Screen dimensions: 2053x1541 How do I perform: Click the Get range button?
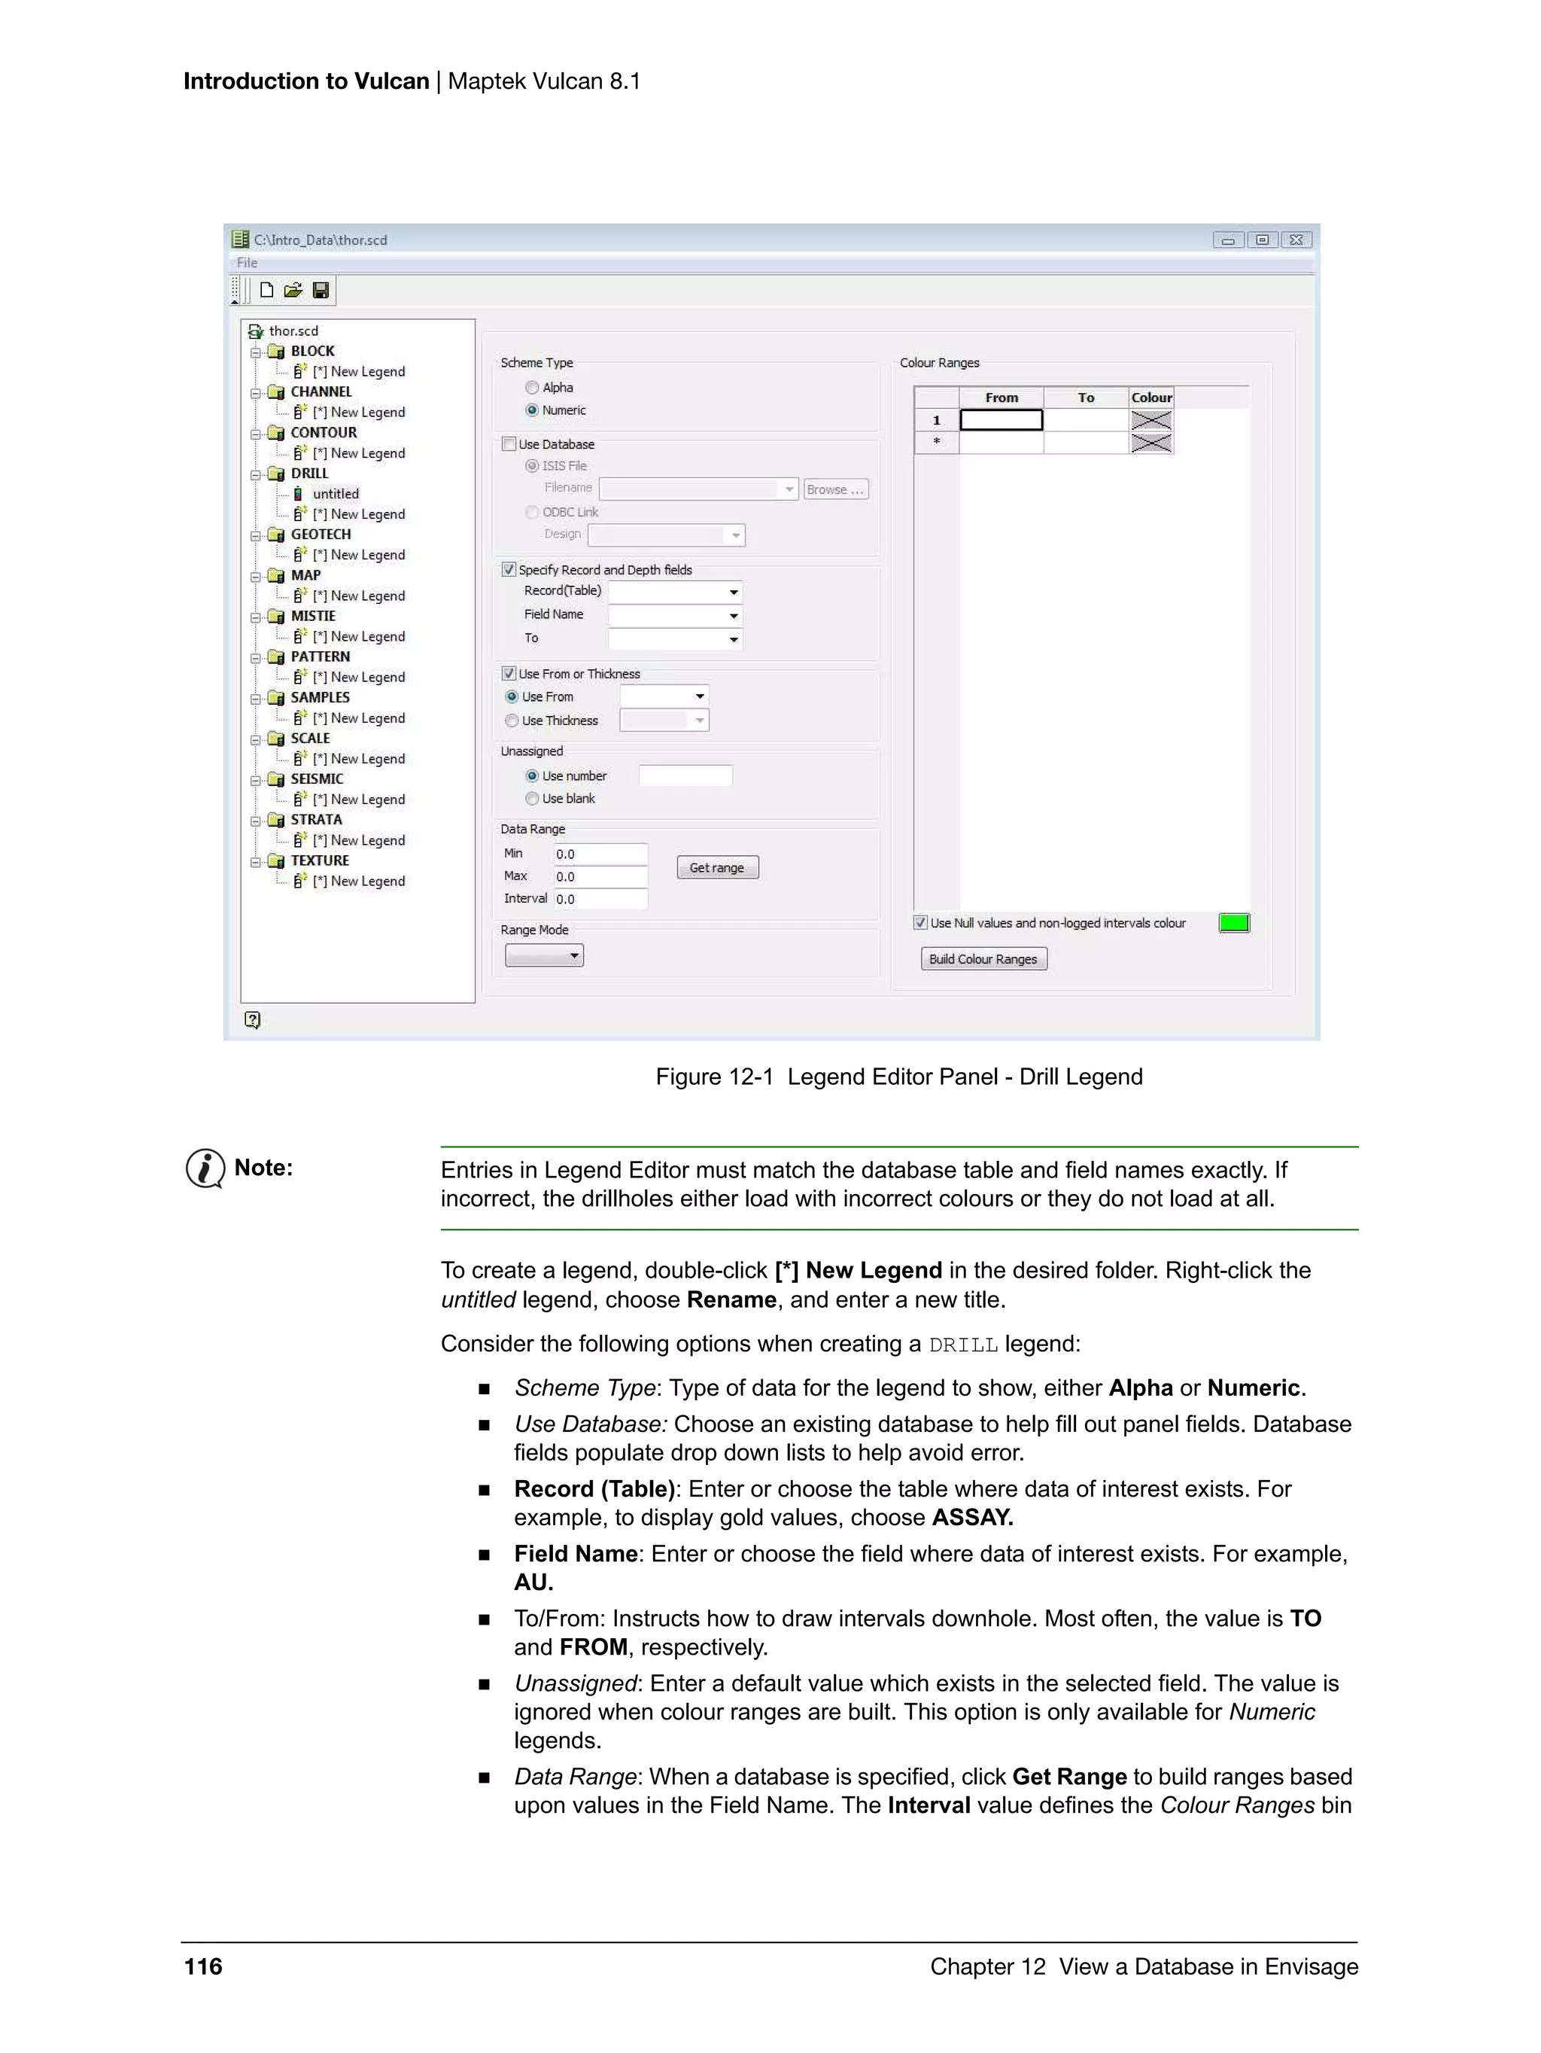716,868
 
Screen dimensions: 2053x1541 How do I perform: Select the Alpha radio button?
533,388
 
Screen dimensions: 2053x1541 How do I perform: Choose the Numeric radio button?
533,410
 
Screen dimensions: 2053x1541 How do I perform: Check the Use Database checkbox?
509,445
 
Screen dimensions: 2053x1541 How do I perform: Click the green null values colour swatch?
1233,922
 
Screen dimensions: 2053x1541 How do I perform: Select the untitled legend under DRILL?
335,494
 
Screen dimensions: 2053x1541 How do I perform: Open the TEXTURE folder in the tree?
319,860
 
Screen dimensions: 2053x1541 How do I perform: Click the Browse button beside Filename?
835,489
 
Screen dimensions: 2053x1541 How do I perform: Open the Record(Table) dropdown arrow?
733,592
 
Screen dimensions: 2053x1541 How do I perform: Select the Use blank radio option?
533,798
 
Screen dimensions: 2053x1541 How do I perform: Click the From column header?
1001,398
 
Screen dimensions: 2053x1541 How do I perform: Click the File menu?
247,263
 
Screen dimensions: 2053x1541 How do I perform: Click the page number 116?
203,1966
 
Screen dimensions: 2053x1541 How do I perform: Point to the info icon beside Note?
205,1168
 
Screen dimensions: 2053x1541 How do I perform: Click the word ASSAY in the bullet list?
971,1518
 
